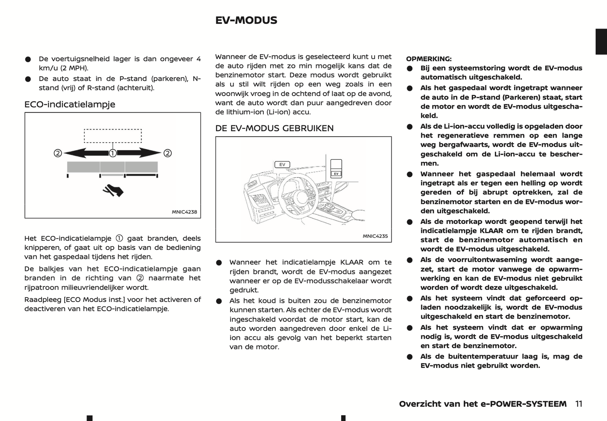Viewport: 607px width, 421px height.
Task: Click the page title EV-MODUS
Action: point(246,21)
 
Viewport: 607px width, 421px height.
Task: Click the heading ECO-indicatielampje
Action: point(70,104)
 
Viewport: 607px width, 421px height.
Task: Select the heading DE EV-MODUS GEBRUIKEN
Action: point(274,128)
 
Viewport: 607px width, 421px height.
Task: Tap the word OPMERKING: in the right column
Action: point(429,59)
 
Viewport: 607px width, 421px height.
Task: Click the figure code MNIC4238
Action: point(184,212)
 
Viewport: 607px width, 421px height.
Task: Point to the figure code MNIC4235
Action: point(375,236)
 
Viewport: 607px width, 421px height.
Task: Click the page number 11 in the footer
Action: point(579,404)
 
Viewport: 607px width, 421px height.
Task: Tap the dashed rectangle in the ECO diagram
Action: point(113,136)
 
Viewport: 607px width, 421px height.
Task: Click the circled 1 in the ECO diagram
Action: point(113,153)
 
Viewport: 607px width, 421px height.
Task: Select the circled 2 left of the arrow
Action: point(58,153)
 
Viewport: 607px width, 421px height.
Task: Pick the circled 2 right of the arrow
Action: point(168,153)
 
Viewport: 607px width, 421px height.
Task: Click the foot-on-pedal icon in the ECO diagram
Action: point(113,190)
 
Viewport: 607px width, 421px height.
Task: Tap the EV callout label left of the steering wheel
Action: point(282,164)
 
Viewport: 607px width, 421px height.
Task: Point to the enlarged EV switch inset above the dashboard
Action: point(336,169)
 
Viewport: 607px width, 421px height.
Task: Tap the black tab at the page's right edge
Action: point(601,42)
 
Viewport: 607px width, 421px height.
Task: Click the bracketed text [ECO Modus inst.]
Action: point(90,300)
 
